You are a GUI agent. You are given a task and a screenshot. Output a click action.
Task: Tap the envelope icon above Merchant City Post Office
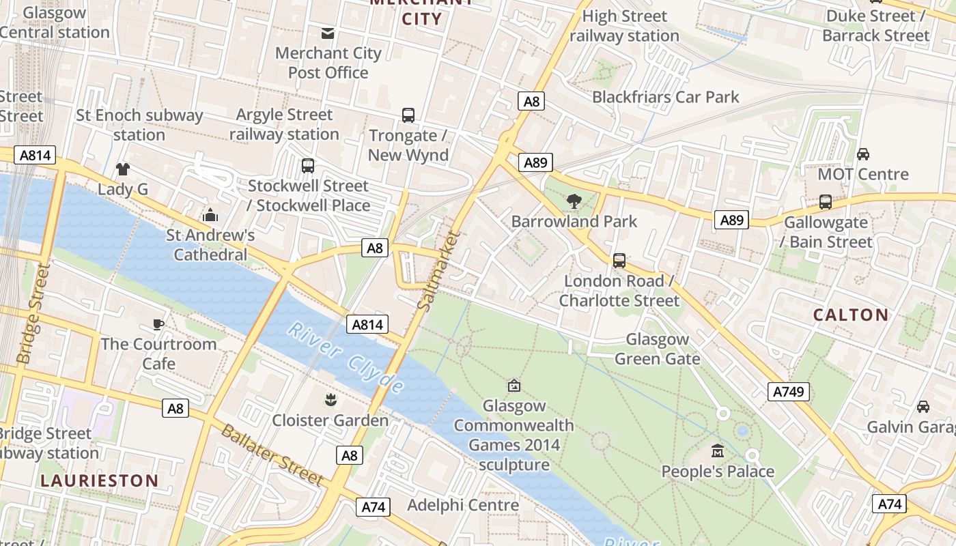click(328, 33)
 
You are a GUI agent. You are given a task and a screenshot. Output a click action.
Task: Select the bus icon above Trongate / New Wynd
click(408, 115)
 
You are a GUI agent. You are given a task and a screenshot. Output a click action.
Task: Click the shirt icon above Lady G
click(123, 169)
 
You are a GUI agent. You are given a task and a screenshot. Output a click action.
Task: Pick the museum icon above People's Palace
click(718, 451)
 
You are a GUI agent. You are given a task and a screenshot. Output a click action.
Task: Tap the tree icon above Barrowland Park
click(574, 201)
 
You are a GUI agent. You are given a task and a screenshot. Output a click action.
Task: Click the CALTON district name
click(851, 315)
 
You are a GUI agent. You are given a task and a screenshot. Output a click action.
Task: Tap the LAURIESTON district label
click(99, 480)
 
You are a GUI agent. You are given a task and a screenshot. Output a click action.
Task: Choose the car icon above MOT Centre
click(863, 154)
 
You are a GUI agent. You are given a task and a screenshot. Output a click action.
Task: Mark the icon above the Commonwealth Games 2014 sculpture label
click(514, 386)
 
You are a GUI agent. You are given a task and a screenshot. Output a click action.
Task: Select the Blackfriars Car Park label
click(665, 97)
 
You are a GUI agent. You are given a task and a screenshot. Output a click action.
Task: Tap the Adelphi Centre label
click(463, 505)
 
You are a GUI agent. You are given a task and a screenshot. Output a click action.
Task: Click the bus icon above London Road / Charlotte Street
click(619, 260)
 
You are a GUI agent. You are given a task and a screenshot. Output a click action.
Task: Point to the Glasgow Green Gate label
click(657, 349)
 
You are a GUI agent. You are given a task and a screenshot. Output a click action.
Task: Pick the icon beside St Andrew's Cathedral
click(210, 215)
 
